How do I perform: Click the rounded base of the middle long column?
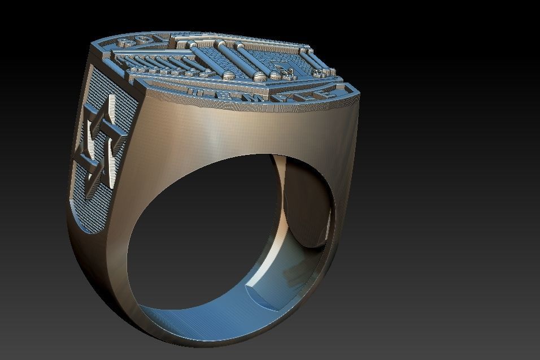pos(260,76)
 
